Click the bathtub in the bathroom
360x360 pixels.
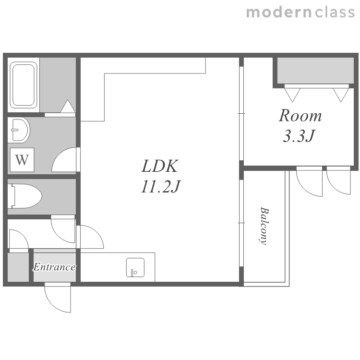coord(24,85)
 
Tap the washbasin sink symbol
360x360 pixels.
coord(19,130)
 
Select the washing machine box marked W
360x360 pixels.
coord(22,160)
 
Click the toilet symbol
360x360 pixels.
coord(25,196)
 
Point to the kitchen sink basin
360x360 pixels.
coord(135,267)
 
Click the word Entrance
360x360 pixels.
coord(54,267)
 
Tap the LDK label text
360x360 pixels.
coord(160,166)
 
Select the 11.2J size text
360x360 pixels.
coord(161,186)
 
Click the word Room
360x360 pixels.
coord(300,116)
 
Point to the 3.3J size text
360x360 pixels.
coord(299,136)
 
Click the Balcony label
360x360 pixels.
coord(264,226)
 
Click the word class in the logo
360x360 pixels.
coord(335,12)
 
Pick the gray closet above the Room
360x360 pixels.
coord(315,71)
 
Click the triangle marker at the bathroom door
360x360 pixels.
coord(68,106)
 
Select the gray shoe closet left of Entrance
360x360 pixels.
coord(18,267)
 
